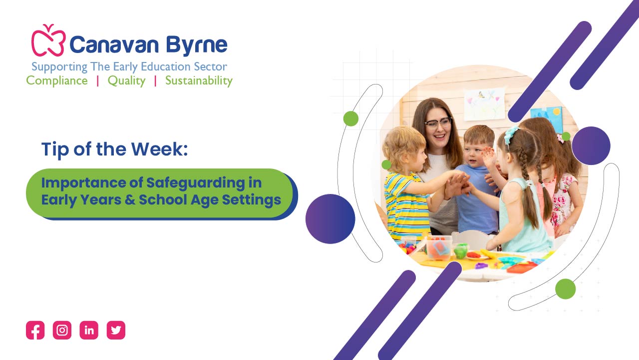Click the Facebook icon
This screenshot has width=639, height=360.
click(x=35, y=330)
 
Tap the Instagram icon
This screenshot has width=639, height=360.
click(x=62, y=330)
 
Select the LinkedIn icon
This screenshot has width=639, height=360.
click(x=89, y=330)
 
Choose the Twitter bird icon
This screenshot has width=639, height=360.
click(x=116, y=330)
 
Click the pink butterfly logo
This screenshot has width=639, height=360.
click(x=48, y=40)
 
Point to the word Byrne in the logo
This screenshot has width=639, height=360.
click(x=197, y=45)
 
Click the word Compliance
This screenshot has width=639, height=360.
click(x=57, y=80)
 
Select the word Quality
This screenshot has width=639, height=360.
click(x=127, y=81)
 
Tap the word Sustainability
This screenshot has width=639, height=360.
click(x=199, y=81)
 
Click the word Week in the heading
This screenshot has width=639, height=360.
click(x=159, y=149)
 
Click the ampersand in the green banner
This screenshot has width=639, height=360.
click(x=130, y=199)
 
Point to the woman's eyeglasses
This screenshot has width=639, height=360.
click(x=438, y=123)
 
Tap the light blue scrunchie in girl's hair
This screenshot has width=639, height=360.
click(x=511, y=134)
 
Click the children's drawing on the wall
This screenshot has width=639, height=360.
click(x=484, y=104)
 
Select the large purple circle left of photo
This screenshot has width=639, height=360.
click(x=330, y=219)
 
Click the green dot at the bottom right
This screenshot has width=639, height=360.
click(x=566, y=289)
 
